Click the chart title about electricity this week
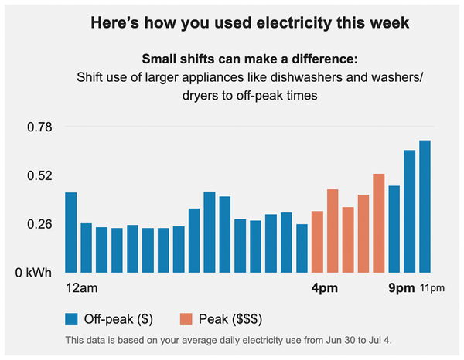(255, 23)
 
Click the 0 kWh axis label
(33, 273)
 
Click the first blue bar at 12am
(71, 232)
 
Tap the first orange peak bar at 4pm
(317, 241)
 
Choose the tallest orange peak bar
(379, 222)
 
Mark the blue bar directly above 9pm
(394, 229)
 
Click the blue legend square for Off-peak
(72, 318)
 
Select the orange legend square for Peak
(186, 318)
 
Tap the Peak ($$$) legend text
(231, 318)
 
